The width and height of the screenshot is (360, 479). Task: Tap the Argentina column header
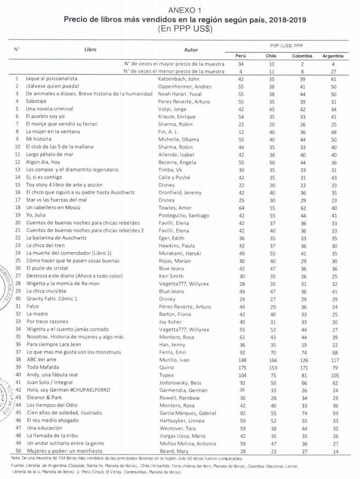(333, 55)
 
